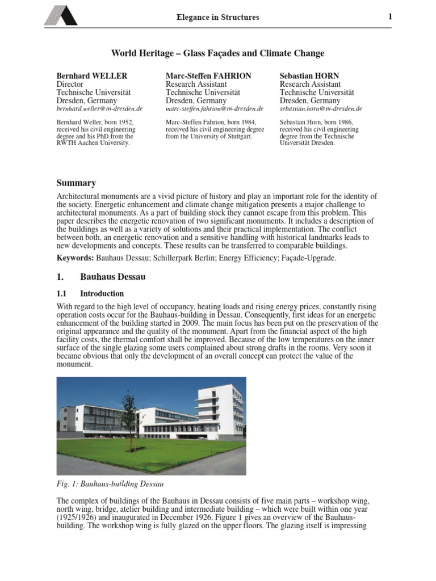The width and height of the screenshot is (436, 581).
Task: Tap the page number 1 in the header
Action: [390, 16]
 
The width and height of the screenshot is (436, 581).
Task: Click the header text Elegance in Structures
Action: [218, 18]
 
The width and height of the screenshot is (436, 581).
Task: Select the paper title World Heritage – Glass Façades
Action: [218, 53]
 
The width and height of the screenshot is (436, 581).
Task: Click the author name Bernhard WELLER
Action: [92, 75]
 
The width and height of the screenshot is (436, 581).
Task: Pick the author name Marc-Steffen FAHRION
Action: [208, 75]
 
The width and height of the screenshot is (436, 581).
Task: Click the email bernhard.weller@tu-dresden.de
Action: [99, 108]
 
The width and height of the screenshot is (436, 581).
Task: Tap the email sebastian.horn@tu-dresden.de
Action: [321, 108]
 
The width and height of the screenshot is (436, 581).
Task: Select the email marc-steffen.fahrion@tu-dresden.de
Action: [215, 108]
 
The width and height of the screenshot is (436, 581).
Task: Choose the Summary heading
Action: [76, 183]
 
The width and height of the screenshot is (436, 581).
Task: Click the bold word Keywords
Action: [75, 258]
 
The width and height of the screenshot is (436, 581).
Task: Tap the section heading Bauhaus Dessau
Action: [113, 277]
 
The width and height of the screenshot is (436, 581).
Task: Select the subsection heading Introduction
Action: [102, 294]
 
